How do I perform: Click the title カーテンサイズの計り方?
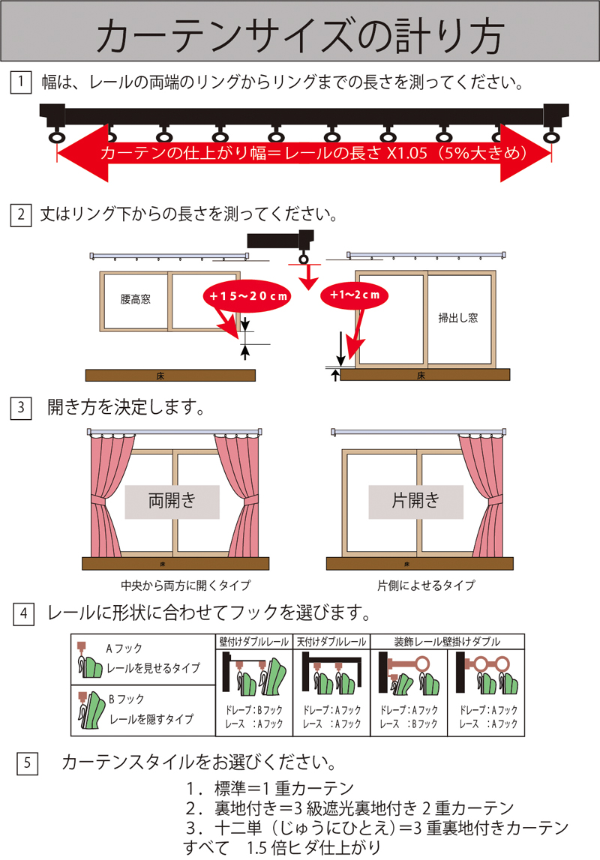pos(300,35)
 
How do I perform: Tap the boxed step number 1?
pos(20,81)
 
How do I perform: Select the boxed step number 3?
pos(20,409)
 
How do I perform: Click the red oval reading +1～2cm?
pos(356,295)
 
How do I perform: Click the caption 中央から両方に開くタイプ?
pos(175,585)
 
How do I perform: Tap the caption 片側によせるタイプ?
pos(426,585)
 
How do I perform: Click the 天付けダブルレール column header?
pos(331,642)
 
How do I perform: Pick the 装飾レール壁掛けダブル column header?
pos(447,642)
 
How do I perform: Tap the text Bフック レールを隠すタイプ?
pos(150,709)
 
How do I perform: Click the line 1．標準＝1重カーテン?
pos(270,788)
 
